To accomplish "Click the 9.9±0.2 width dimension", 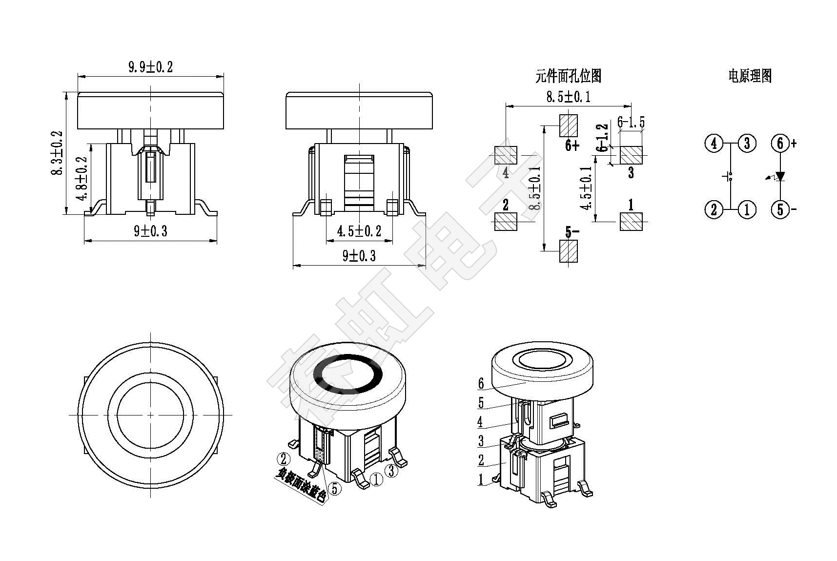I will click(x=150, y=67).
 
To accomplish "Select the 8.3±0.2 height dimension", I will click(x=58, y=152).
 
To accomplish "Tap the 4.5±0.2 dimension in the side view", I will click(x=359, y=231).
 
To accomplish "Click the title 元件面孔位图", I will click(x=568, y=76).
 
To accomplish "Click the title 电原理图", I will click(x=750, y=76).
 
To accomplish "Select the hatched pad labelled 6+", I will click(x=568, y=125).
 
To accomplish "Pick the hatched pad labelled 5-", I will click(x=568, y=251).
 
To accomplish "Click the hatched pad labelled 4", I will click(x=506, y=155).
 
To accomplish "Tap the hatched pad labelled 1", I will click(x=631, y=222).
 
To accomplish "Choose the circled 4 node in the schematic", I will click(x=714, y=144).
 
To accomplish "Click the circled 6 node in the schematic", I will click(x=780, y=144).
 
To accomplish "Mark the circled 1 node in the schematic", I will click(x=747, y=209).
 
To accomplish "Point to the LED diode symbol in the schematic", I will click(x=780, y=176).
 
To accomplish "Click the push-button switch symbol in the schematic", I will click(x=730, y=176).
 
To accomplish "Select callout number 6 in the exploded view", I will click(x=481, y=384).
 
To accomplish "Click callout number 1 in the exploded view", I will click(x=481, y=479).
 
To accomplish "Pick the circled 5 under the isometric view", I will click(x=335, y=488).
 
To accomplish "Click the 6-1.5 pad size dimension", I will click(x=631, y=122).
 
